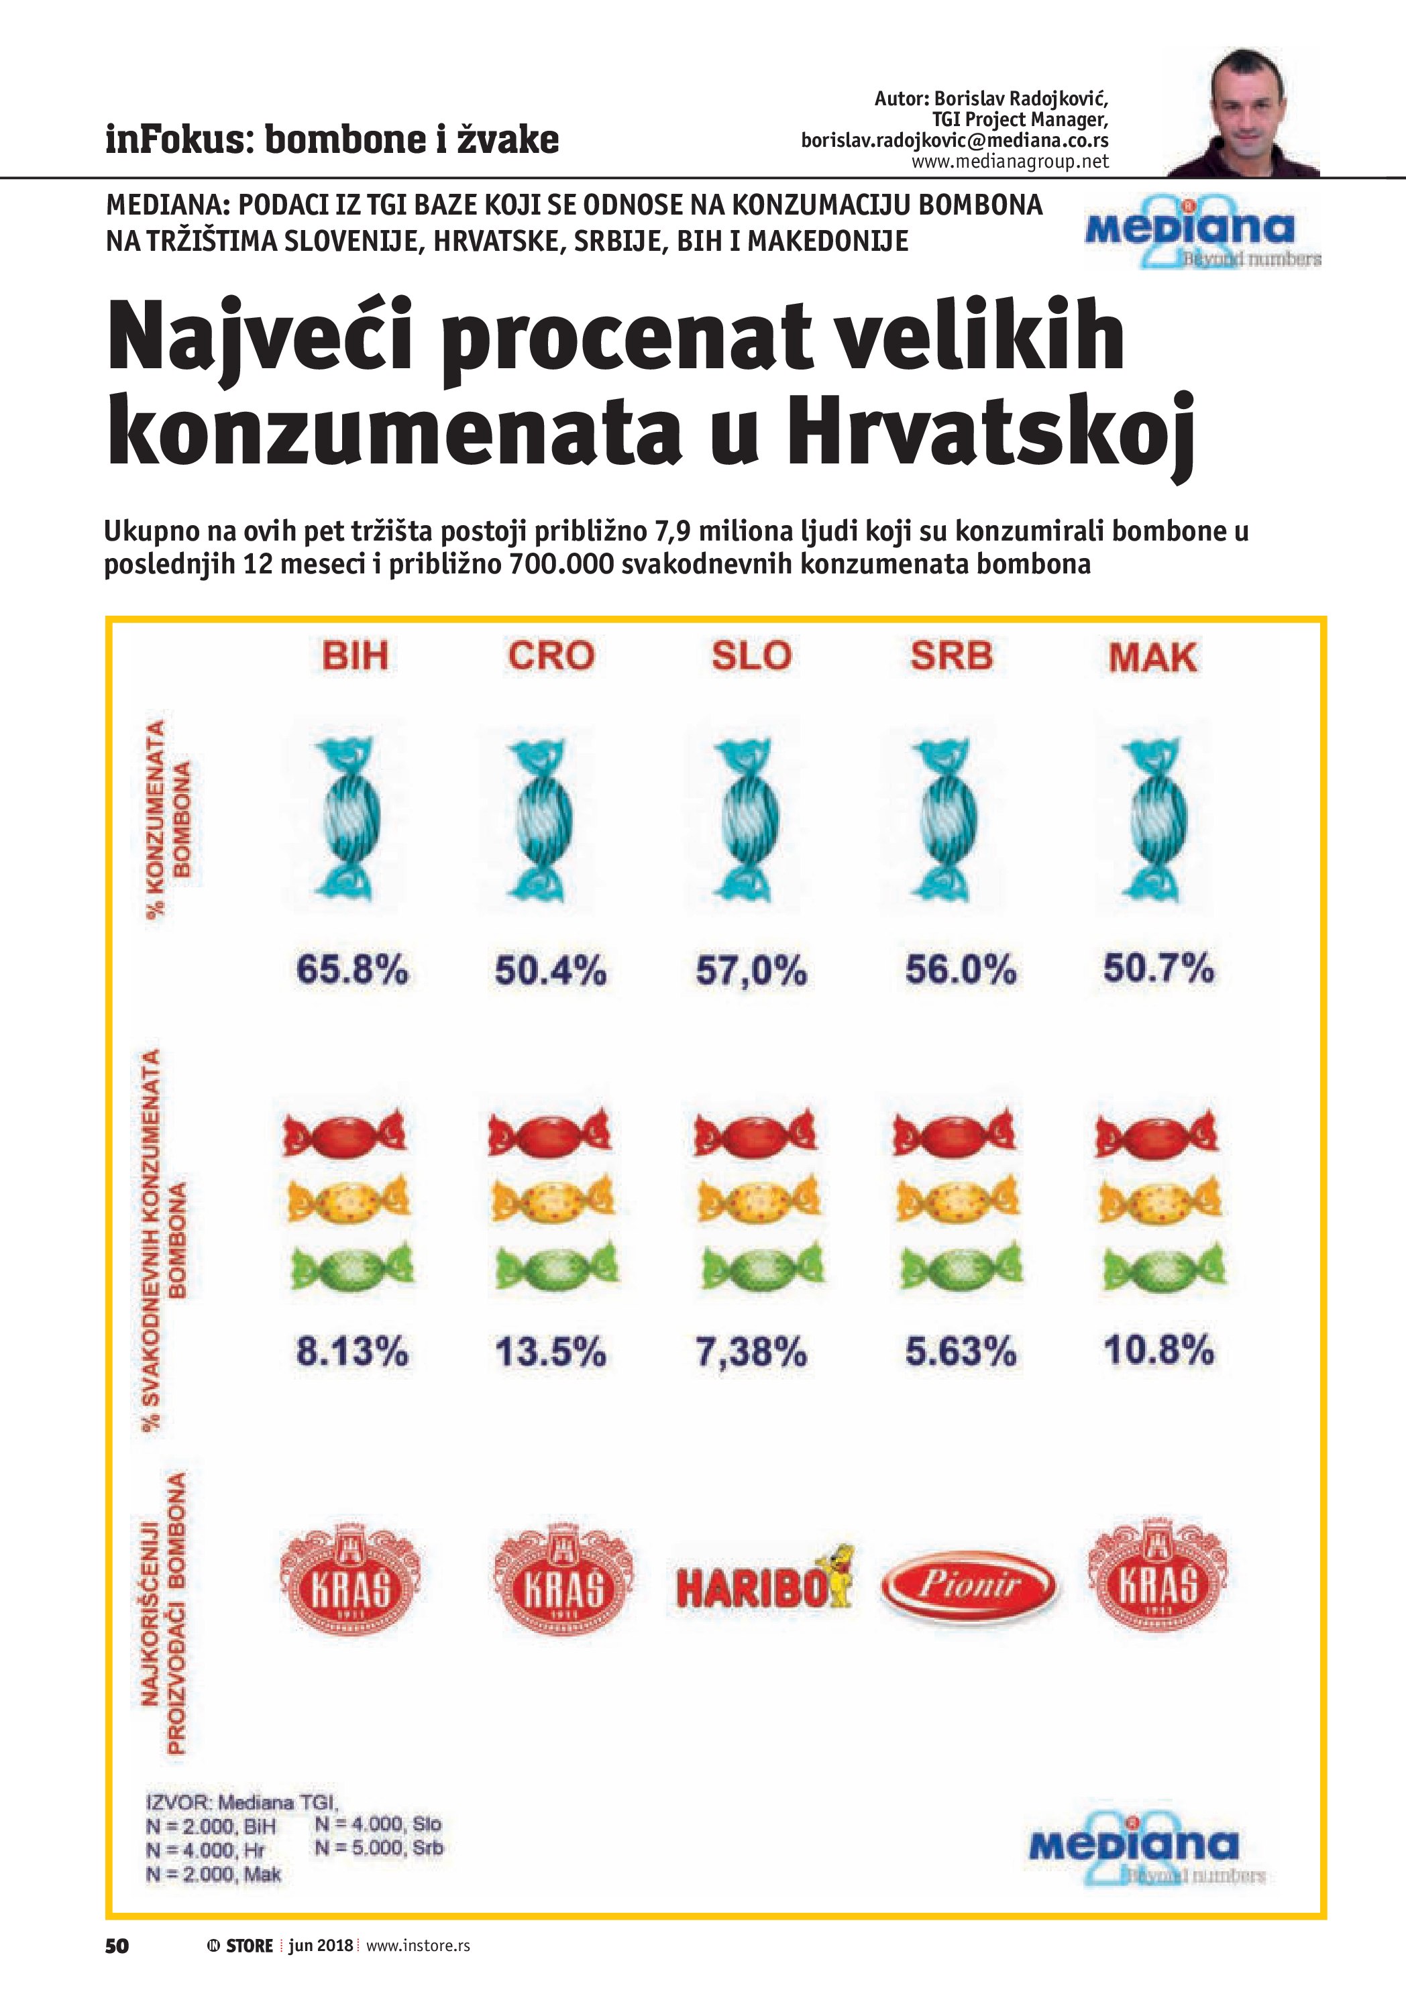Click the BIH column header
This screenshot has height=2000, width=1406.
coord(355,655)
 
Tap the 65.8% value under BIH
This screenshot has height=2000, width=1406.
coord(352,970)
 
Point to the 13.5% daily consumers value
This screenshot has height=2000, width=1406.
coord(551,1352)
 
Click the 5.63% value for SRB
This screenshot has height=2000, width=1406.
coord(960,1352)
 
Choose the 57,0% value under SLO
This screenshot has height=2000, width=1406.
coord(751,970)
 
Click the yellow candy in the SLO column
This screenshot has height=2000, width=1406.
coord(758,1202)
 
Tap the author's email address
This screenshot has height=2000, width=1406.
coord(955,140)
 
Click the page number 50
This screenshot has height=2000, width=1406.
coord(117,1944)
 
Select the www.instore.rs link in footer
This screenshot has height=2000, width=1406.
coord(417,1945)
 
